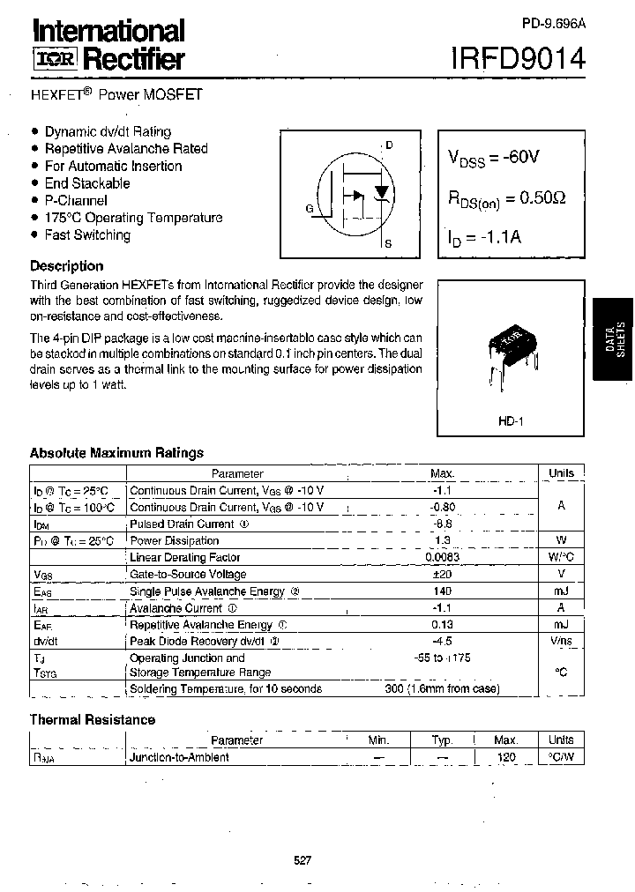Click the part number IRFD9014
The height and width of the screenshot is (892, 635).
tap(518, 59)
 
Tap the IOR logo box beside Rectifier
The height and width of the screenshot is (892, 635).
tap(55, 60)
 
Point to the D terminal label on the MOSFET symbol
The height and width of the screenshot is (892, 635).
tap(389, 145)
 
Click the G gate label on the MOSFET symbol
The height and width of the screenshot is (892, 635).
tap(310, 209)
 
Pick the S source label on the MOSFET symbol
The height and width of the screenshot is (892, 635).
tap(389, 244)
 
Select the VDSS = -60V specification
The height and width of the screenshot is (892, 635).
tap(493, 158)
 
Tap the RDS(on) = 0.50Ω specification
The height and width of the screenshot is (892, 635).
tap(505, 199)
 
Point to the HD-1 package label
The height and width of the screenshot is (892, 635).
tap(511, 422)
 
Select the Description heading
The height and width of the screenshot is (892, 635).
tap(66, 266)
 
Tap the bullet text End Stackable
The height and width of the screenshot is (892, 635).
tap(87, 183)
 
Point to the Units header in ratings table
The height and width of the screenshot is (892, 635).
tap(561, 473)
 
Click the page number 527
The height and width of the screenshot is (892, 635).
tap(303, 861)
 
